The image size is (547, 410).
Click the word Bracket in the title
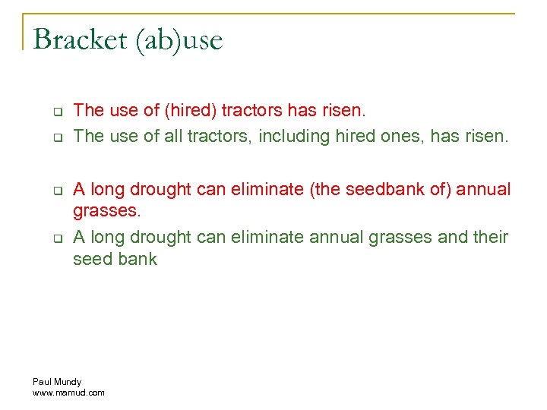click(x=80, y=39)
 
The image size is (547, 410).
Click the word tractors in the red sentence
click(x=253, y=111)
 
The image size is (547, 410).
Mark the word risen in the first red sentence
click(x=343, y=111)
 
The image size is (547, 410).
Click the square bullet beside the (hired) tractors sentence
click(x=56, y=112)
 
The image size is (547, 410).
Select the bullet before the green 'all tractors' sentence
click(x=56, y=138)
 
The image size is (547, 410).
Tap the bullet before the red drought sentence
click(x=56, y=191)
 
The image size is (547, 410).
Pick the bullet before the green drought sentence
click(x=56, y=238)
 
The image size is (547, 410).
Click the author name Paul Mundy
click(x=57, y=381)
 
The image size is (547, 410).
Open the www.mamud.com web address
click(x=68, y=393)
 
